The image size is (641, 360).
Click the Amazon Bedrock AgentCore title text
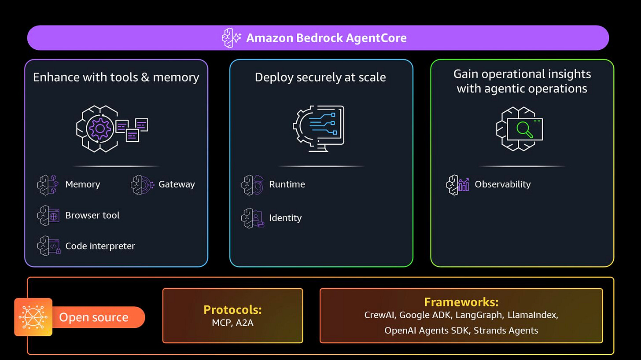326,38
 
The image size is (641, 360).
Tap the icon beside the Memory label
48,184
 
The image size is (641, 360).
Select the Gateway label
177,184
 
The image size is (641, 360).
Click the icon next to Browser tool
48,216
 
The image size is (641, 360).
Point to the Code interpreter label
100,246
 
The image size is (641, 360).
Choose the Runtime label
287,184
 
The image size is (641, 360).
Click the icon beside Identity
253,218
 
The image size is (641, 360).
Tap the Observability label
502,184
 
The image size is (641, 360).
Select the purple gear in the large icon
100,129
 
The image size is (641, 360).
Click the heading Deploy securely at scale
320,77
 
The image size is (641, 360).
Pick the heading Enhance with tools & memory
116,77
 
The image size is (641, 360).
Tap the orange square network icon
33,317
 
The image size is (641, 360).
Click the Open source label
94,317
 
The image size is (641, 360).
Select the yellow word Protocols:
232,309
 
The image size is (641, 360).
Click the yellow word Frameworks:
461,302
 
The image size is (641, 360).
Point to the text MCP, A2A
232,323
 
